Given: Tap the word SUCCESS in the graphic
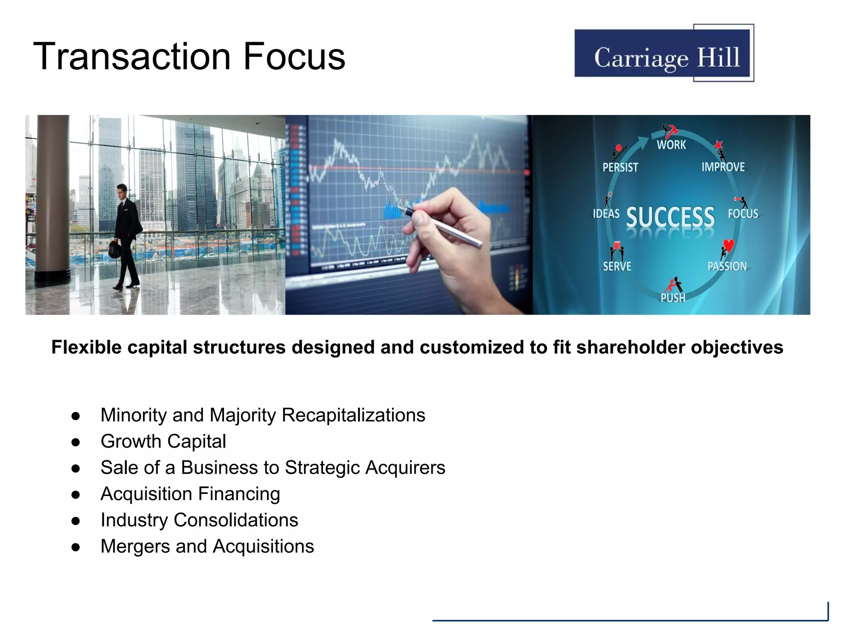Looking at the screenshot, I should click(670, 217).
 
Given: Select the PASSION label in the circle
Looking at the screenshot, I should click(727, 266).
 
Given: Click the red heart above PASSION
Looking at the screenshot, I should click(729, 245).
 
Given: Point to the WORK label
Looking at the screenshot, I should click(671, 145).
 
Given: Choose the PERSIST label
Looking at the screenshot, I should click(620, 167).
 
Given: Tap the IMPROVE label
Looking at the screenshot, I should click(723, 167).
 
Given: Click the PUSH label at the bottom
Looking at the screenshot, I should click(672, 298).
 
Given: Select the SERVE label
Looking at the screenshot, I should click(617, 266).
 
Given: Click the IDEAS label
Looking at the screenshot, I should click(606, 214).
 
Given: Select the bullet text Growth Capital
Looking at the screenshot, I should click(163, 441).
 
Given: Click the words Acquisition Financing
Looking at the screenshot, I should click(190, 494).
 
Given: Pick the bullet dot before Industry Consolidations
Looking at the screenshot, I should click(75, 521).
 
